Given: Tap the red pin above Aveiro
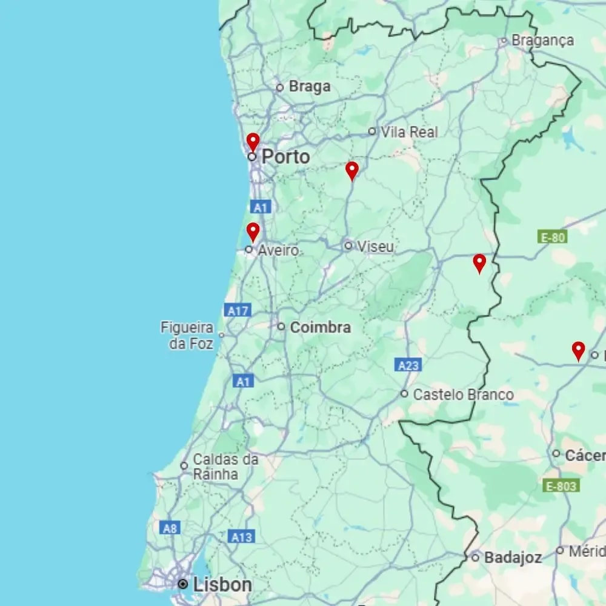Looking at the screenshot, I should pos(253,231).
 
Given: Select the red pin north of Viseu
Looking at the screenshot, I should pos(352,170).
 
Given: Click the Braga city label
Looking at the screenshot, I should pos(310,87).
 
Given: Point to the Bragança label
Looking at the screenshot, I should pos(542,41).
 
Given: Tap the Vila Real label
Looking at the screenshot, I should pos(409,132).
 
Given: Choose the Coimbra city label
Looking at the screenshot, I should pos(321,327).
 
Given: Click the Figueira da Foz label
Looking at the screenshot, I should pos(187,336).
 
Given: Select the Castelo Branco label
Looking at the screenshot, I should pos(464,395).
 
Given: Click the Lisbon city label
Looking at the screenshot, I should pos(222,585).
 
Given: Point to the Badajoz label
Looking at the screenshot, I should pos(513,558).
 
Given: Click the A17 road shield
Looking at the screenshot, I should pos(238,311).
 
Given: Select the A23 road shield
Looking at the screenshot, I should pos(408,365).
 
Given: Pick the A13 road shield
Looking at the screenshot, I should pos(242,536).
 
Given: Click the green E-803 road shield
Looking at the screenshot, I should pos(561,485).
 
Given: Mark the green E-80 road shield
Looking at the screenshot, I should pos(551,237).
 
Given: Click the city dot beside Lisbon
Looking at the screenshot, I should pos(183,584).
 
